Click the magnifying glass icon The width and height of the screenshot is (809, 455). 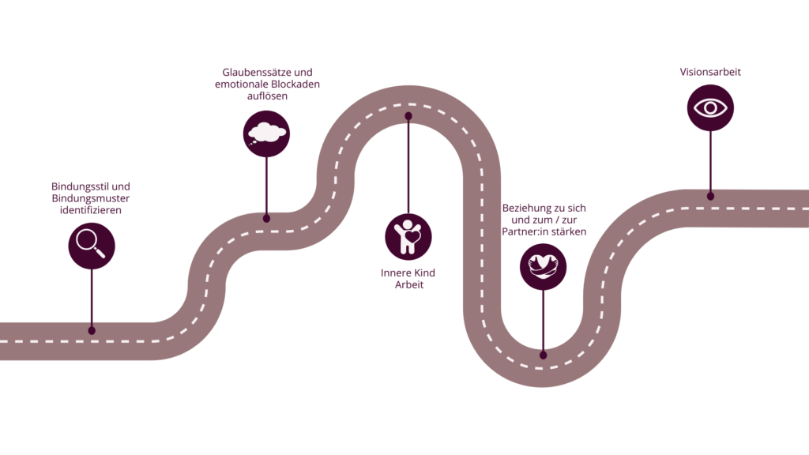(91, 246)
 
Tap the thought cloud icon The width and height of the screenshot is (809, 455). (266, 133)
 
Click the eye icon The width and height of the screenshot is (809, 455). (710, 107)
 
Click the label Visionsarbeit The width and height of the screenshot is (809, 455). (710, 72)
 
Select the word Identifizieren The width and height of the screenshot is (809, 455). (91, 212)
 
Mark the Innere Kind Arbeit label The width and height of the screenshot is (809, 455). (408, 279)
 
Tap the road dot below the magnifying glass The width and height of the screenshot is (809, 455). (92, 331)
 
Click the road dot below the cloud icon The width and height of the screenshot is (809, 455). (266, 218)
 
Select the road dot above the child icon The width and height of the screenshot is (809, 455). (408, 116)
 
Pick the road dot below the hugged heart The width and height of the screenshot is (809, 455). (543, 355)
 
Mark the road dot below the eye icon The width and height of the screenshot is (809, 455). (710, 196)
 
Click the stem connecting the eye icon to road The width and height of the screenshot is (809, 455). (710, 162)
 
